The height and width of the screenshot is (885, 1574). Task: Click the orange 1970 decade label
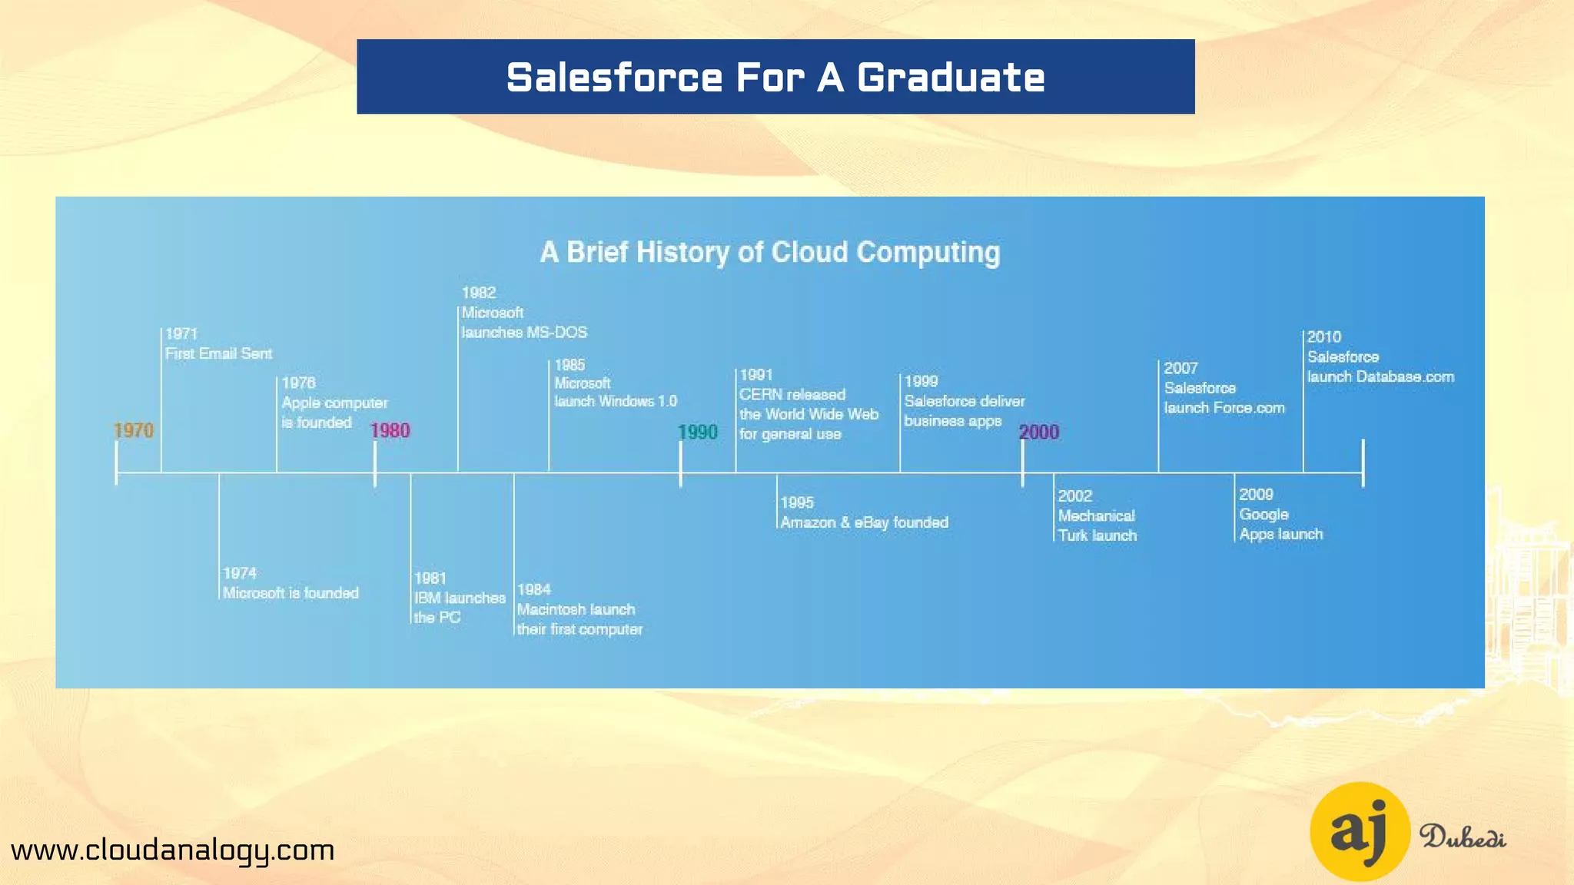(134, 431)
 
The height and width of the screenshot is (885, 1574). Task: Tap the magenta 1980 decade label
(390, 431)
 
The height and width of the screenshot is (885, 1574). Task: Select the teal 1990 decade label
(698, 433)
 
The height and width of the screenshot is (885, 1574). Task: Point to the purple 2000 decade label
(1039, 433)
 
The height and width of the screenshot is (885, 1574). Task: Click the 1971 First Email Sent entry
(218, 344)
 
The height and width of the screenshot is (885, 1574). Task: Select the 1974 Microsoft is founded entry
(291, 584)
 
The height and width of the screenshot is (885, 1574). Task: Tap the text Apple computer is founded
(334, 413)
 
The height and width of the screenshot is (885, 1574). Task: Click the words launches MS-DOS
(524, 333)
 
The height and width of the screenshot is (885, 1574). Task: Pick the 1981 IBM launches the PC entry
(460, 598)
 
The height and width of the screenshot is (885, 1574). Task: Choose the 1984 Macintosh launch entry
(579, 610)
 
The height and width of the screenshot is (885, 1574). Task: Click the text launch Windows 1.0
(616, 401)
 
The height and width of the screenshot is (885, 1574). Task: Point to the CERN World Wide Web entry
(809, 405)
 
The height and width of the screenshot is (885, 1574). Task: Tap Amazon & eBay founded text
(865, 522)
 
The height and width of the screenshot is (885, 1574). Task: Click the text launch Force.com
(1224, 408)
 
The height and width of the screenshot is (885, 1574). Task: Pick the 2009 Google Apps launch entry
(1280, 515)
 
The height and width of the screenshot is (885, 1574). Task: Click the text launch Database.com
(1381, 377)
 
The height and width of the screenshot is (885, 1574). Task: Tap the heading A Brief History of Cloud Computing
(770, 253)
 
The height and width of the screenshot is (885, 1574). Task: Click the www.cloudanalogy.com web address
(173, 850)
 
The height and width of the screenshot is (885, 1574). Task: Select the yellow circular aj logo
(1360, 832)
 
